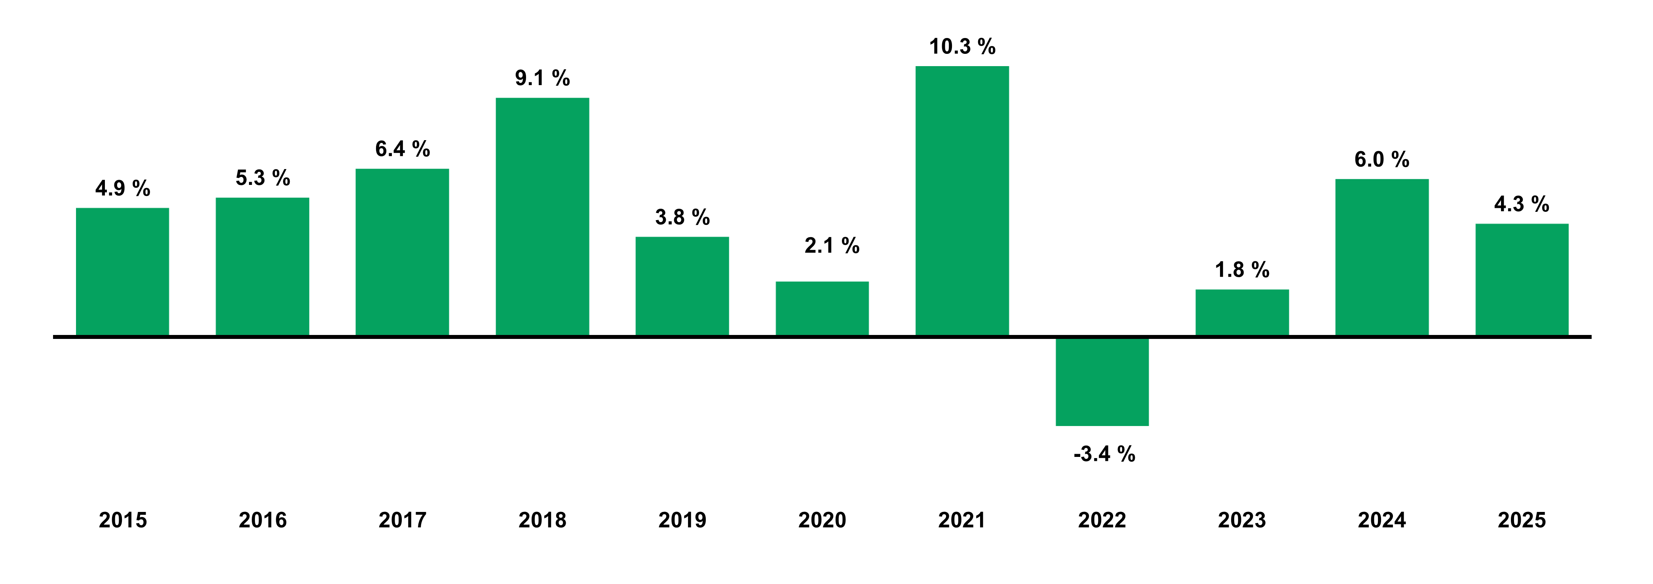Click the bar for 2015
tap(123, 272)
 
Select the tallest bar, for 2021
tap(962, 201)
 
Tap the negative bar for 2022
tap(1102, 381)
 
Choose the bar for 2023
tap(1242, 312)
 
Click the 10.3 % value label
tap(962, 47)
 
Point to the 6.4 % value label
tap(402, 149)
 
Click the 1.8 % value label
tap(1242, 270)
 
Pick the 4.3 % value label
tap(1522, 204)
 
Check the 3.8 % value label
tap(682, 217)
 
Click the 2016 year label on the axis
tap(262, 520)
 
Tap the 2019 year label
tap(682, 520)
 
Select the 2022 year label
tap(1102, 520)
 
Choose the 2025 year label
tap(1522, 520)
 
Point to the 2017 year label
tap(402, 520)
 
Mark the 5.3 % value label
tap(262, 178)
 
